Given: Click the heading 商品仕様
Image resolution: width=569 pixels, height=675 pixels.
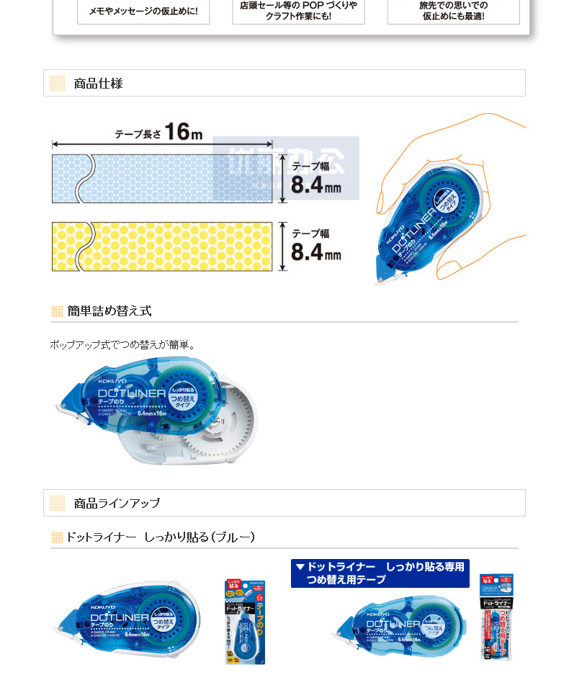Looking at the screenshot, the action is pyautogui.click(x=98, y=84).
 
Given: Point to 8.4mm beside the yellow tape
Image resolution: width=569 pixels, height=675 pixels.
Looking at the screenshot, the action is pyautogui.click(x=315, y=253).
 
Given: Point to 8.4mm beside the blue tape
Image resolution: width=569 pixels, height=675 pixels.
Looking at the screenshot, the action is pyautogui.click(x=315, y=185).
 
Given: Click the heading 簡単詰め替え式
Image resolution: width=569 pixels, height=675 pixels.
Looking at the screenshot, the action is pyautogui.click(x=109, y=311).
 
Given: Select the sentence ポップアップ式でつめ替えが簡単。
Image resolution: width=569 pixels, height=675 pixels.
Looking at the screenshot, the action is pyautogui.click(x=122, y=345).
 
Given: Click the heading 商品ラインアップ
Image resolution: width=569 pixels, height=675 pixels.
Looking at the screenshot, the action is pyautogui.click(x=117, y=503).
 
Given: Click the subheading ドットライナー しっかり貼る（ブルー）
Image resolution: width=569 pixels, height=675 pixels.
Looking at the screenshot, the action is pyautogui.click(x=160, y=537).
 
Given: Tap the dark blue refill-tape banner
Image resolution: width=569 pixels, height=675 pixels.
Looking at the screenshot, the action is pyautogui.click(x=380, y=573).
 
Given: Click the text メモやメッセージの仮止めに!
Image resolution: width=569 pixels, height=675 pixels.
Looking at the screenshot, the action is pyautogui.click(x=143, y=12).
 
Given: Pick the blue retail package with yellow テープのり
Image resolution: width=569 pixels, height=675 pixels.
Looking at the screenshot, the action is pyautogui.click(x=246, y=622).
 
